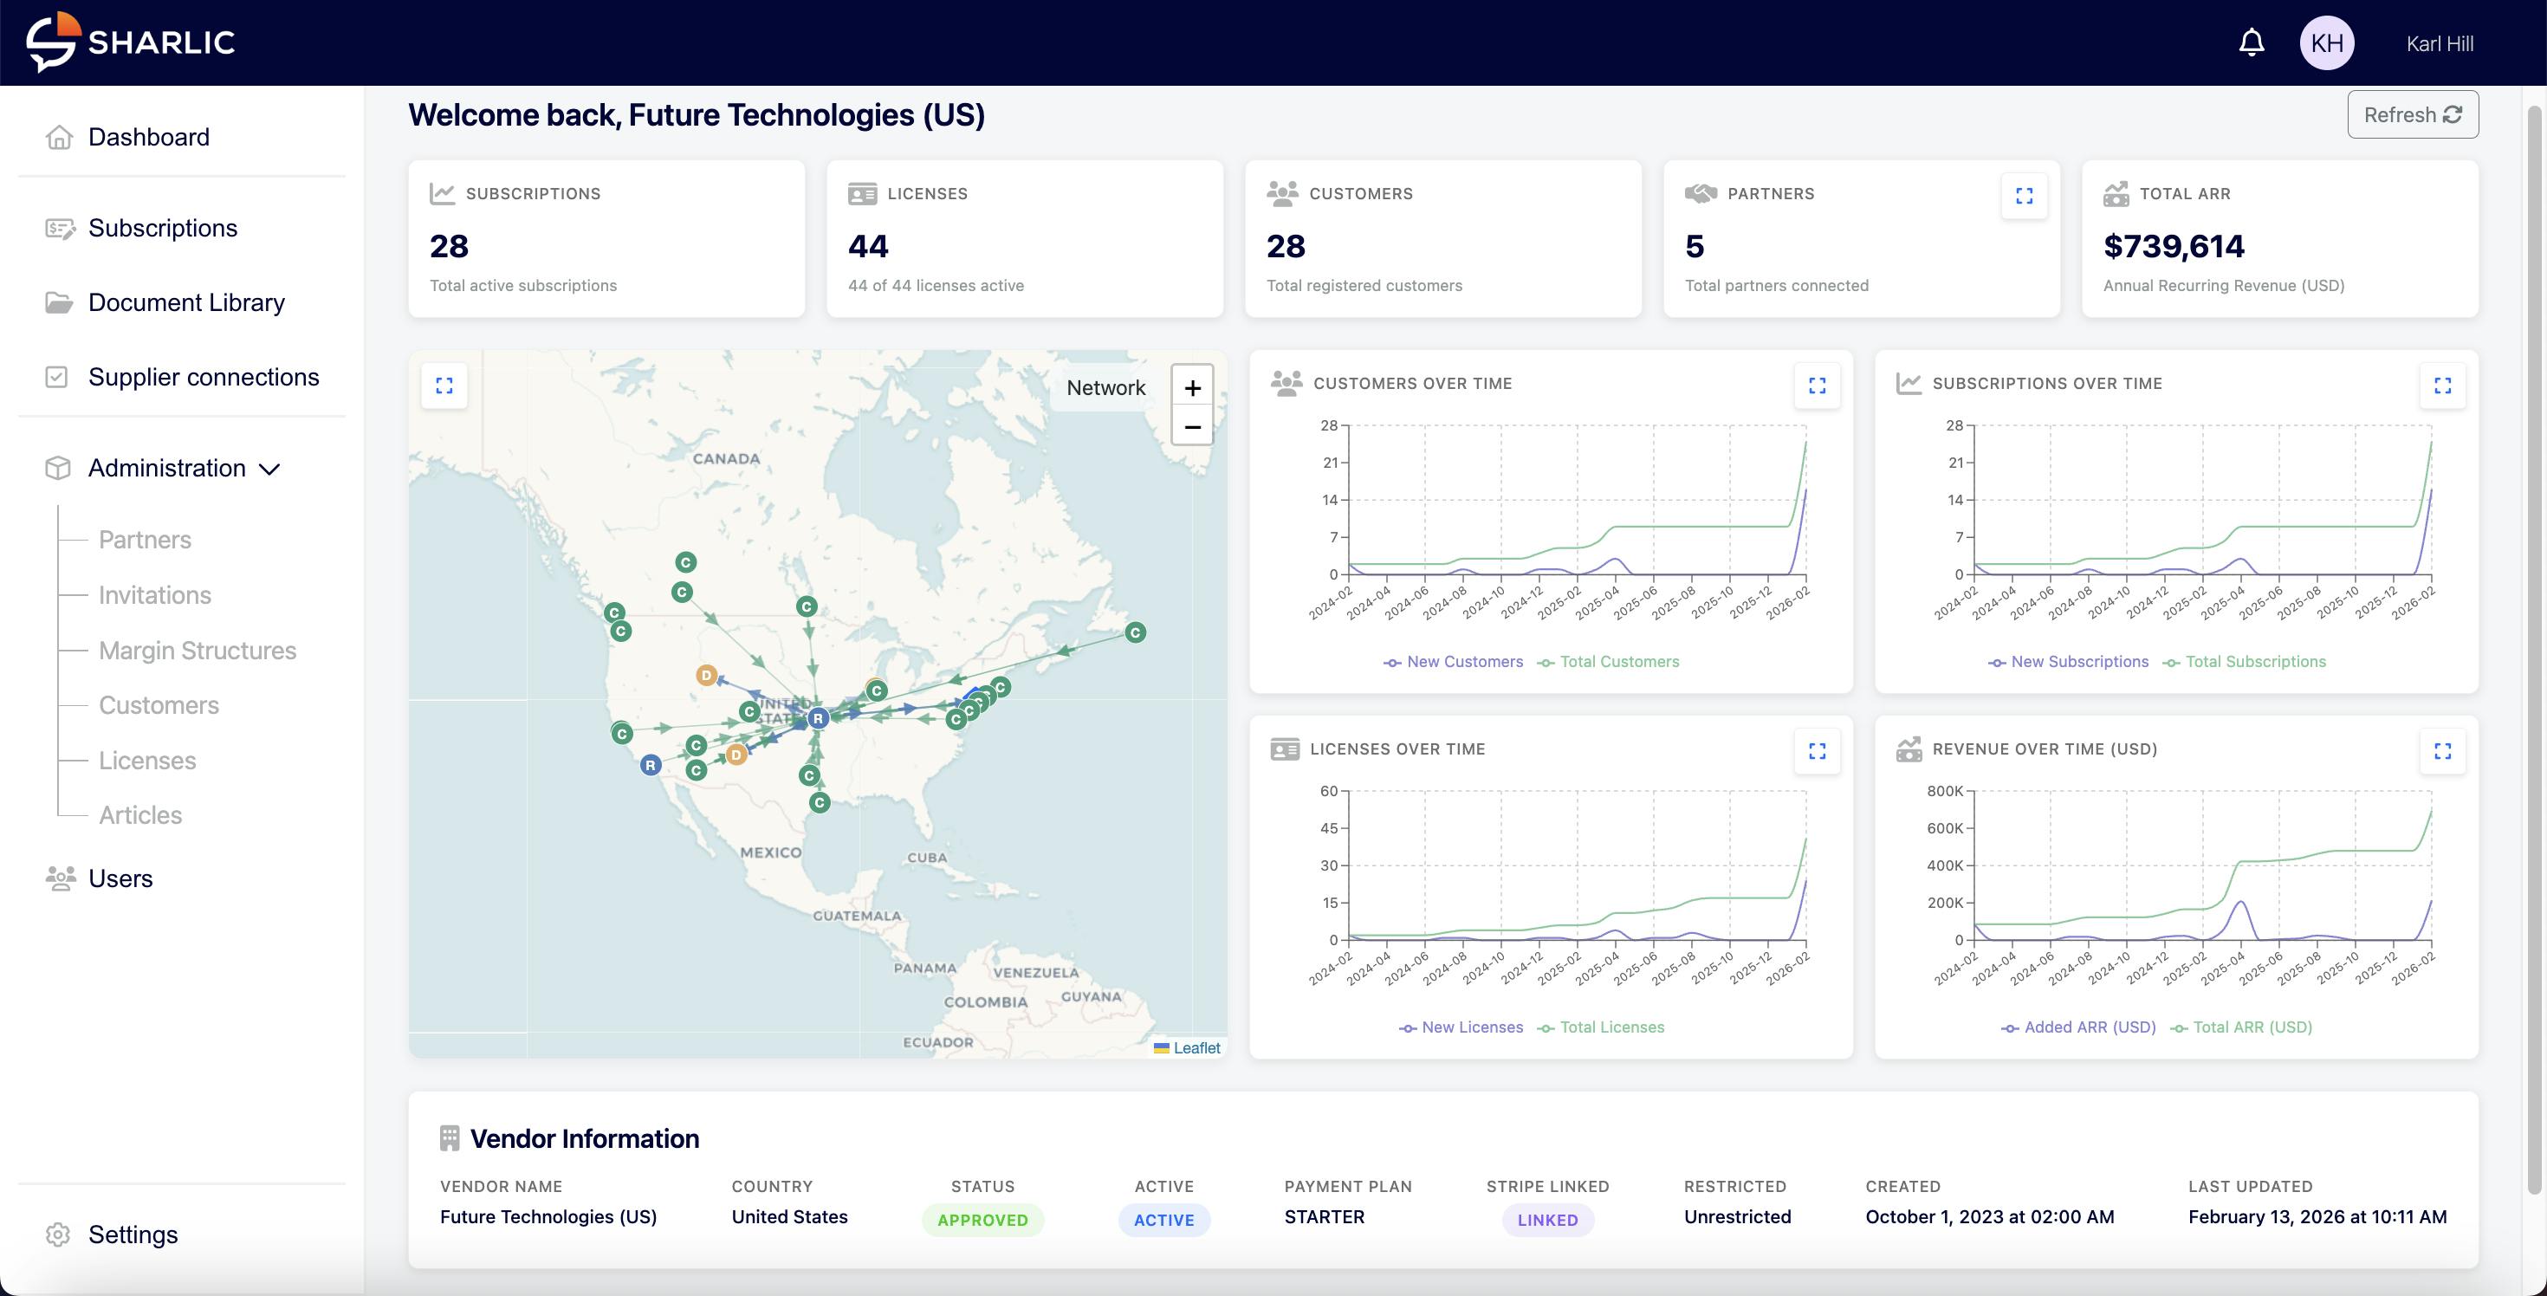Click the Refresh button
pyautogui.click(x=2412, y=114)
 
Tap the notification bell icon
pyautogui.click(x=2252, y=42)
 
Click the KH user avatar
pyautogui.click(x=2326, y=43)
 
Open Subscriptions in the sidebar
pyautogui.click(x=162, y=229)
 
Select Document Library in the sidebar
pyautogui.click(x=186, y=302)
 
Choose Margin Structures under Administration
pyautogui.click(x=197, y=651)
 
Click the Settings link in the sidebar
pyautogui.click(x=133, y=1234)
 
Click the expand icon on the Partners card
pyautogui.click(x=2024, y=196)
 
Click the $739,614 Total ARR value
pyautogui.click(x=2174, y=246)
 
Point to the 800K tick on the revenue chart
pyautogui.click(x=1944, y=791)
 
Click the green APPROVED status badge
pyautogui.click(x=982, y=1220)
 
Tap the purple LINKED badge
pyautogui.click(x=1547, y=1220)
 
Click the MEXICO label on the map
pyautogui.click(x=770, y=852)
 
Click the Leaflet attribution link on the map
pyautogui.click(x=1196, y=1048)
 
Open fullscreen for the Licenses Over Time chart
pyautogui.click(x=1817, y=751)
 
